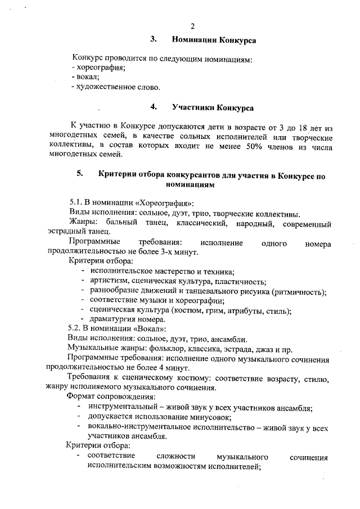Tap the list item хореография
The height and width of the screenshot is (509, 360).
point(99,67)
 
